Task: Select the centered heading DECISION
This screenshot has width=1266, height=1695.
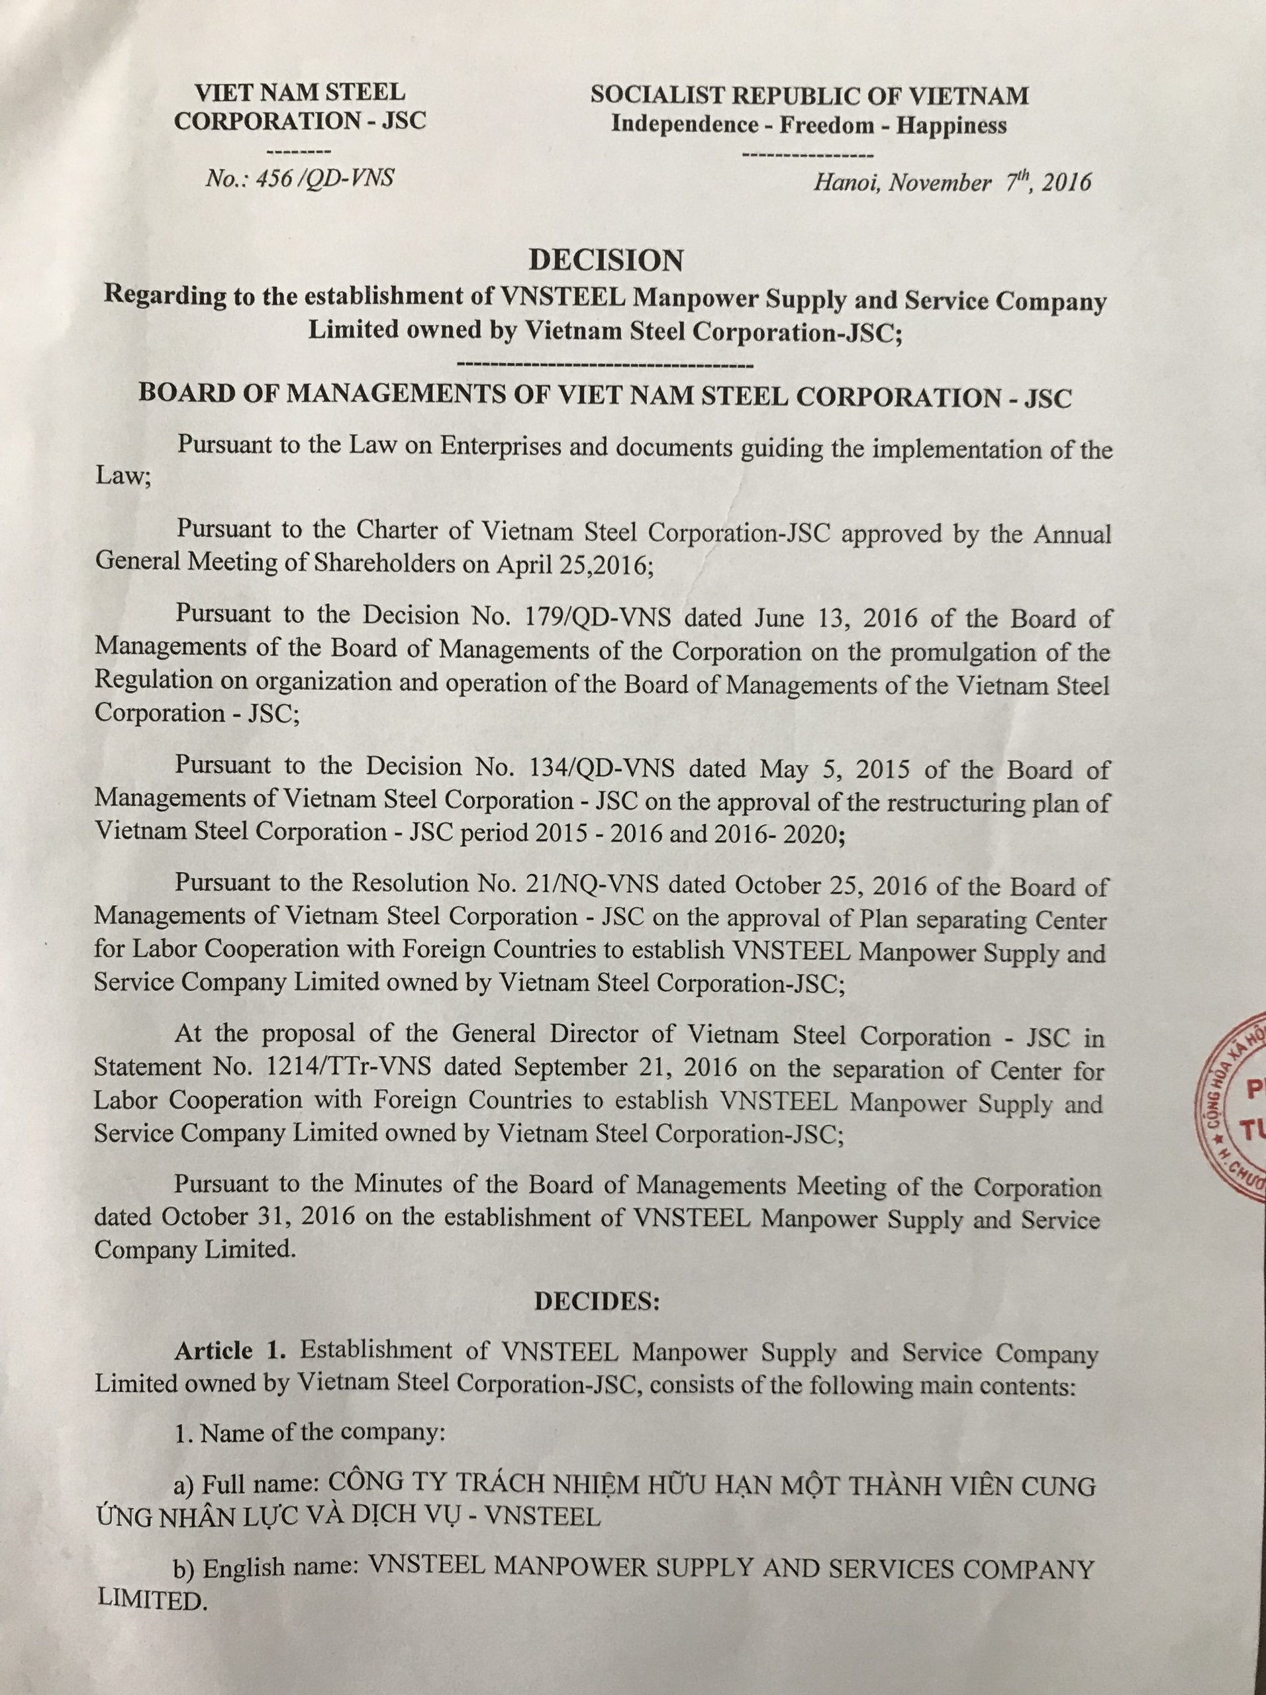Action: (x=605, y=260)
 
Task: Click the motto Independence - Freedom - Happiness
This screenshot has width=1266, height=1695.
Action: (x=808, y=125)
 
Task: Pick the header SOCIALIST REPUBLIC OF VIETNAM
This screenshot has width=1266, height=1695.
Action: (x=808, y=95)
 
